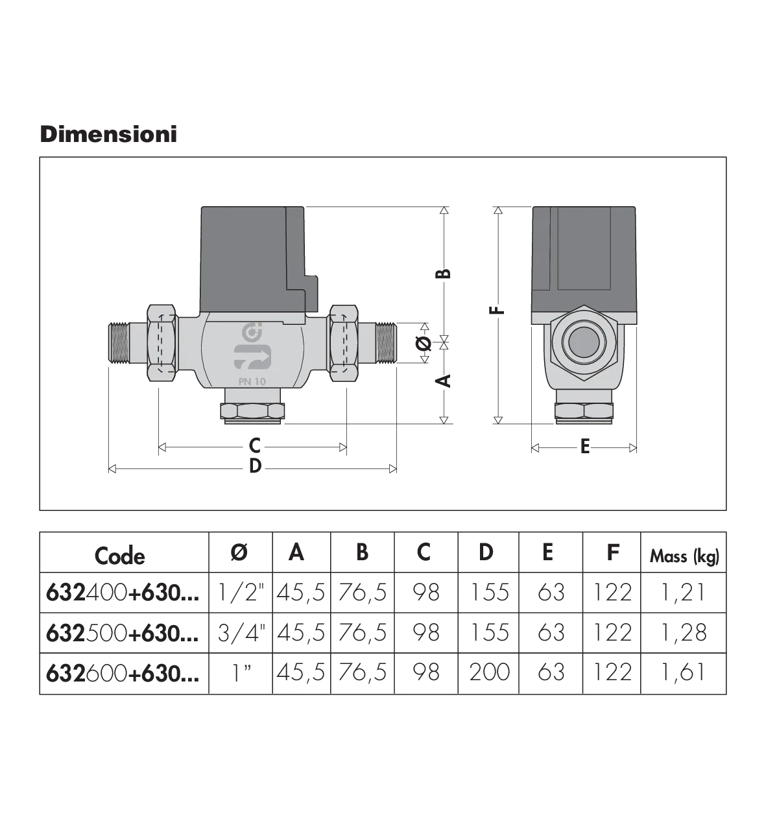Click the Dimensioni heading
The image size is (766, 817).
pos(109,134)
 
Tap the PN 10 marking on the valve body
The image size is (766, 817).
pos(252,381)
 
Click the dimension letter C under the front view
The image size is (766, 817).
pos(255,445)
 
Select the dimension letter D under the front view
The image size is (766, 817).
pos(255,466)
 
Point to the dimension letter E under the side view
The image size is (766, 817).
pos(585,446)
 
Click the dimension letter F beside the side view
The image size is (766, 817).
pos(497,310)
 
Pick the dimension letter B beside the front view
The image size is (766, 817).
pos(443,274)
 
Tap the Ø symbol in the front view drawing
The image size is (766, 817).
pos(424,343)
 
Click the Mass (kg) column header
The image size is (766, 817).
pos(684,556)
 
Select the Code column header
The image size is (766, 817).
pos(120,556)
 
